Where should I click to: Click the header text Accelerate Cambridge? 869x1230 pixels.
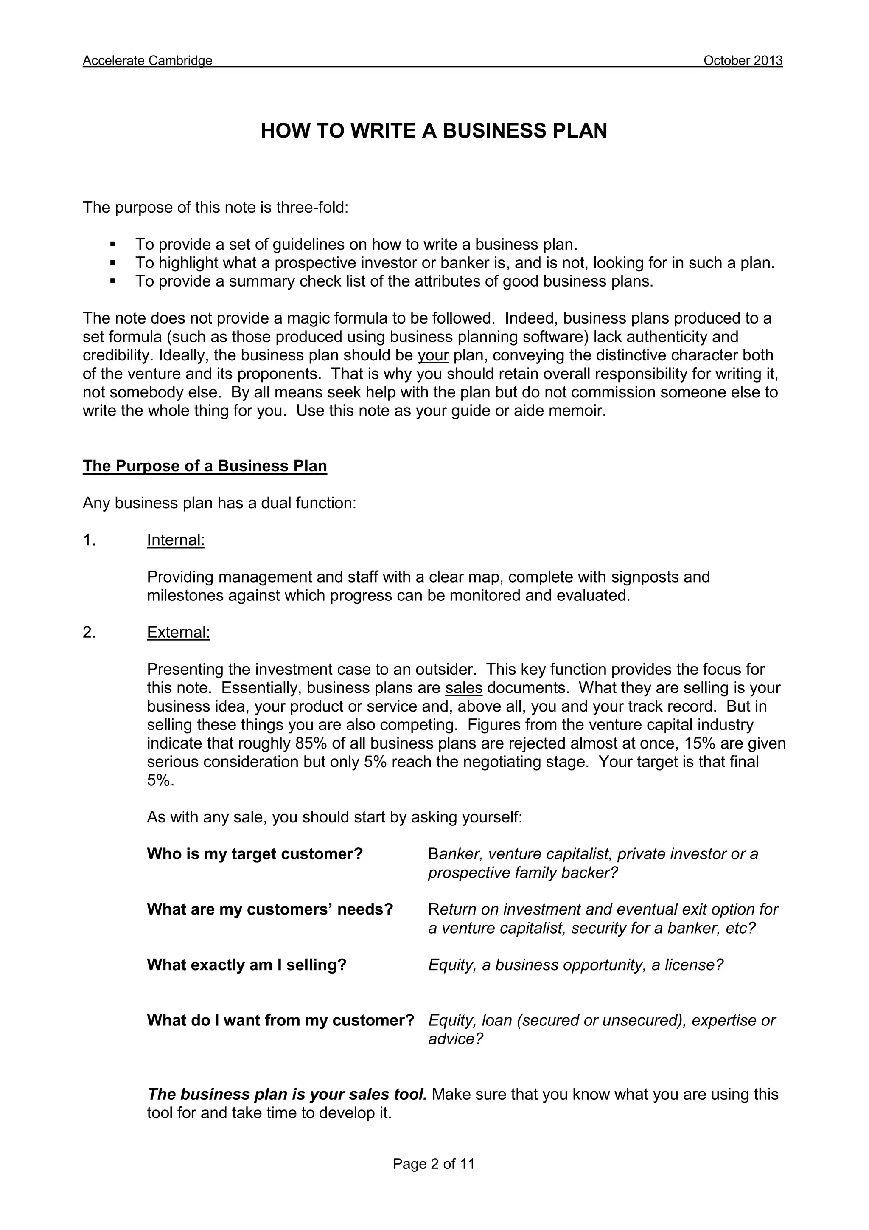click(x=147, y=61)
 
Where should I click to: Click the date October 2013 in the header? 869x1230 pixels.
click(x=743, y=61)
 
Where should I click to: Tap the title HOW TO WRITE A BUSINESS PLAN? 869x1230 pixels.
click(x=434, y=131)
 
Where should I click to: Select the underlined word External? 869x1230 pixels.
click(x=178, y=632)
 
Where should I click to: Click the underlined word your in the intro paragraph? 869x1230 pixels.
click(x=433, y=355)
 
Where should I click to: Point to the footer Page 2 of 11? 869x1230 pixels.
click(x=434, y=1164)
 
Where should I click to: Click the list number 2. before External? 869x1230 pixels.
click(x=89, y=632)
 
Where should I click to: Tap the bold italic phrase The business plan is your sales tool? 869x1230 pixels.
click(x=287, y=1094)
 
